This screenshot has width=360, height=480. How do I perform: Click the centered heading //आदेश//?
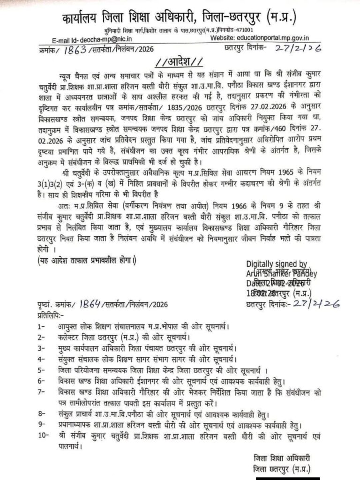tap(180, 63)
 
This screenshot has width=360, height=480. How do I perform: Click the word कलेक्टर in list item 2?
tap(74, 337)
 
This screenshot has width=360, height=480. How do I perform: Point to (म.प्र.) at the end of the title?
tap(281, 18)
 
